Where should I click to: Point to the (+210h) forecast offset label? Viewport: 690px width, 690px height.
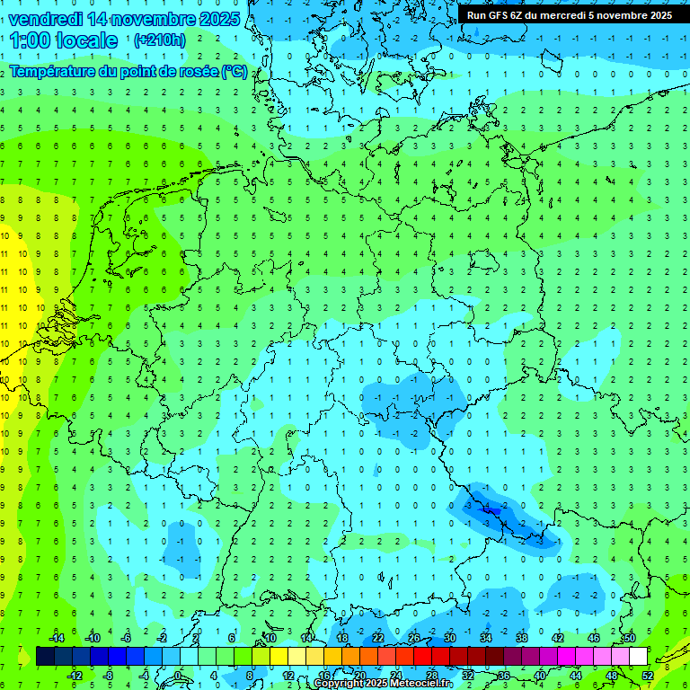click(160, 40)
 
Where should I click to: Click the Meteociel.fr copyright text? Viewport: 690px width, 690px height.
click(416, 684)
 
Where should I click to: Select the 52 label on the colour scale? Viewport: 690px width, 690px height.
click(648, 675)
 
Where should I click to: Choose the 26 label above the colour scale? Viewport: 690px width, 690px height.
click(414, 638)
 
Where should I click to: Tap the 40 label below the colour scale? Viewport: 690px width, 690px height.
click(540, 675)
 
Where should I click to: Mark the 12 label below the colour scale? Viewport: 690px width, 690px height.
click(288, 675)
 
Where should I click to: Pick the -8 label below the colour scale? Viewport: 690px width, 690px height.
click(108, 675)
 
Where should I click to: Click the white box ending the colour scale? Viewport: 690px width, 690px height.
click(638, 656)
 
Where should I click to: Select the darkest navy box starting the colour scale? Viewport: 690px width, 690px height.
click(45, 656)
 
